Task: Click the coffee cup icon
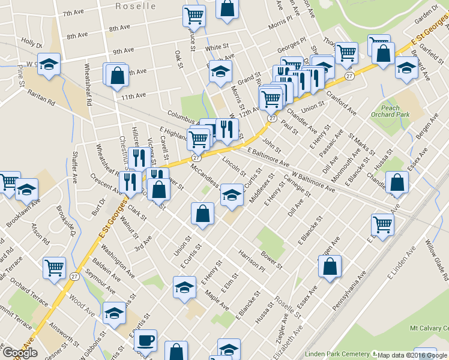145,341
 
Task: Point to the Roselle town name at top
136,6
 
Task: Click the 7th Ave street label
73,13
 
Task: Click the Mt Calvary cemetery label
429,328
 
